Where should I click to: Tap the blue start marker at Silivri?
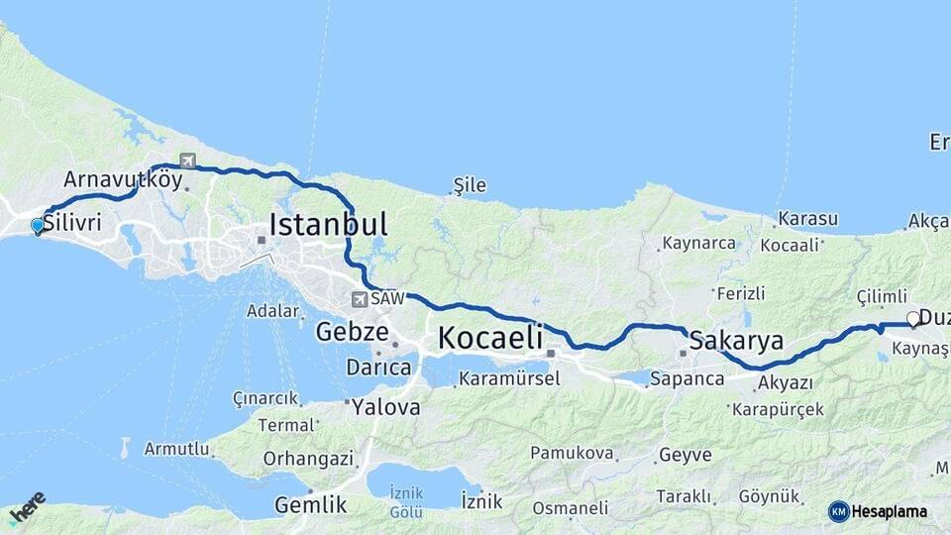(38, 225)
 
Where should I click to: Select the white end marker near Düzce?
(913, 319)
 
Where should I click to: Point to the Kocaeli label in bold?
(489, 337)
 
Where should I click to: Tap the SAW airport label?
(386, 298)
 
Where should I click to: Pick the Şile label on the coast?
(470, 185)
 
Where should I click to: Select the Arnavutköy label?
(123, 180)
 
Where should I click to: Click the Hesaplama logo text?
(890, 511)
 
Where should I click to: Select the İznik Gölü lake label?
(407, 501)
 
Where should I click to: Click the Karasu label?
(807, 219)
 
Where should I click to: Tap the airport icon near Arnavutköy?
(187, 160)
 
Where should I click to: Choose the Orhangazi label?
(308, 459)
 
